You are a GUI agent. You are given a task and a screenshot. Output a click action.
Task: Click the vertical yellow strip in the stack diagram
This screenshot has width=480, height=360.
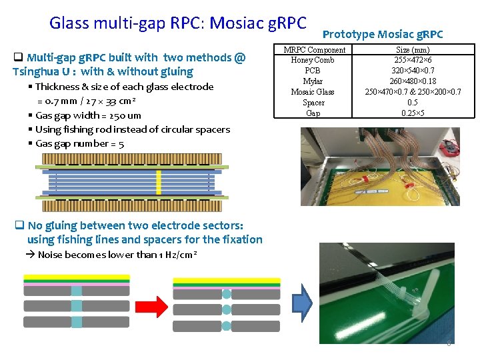[x=159, y=182]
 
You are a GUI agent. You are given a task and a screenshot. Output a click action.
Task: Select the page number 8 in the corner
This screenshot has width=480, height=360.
[x=449, y=343]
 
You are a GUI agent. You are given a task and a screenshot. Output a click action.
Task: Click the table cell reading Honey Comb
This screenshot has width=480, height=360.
[x=313, y=60]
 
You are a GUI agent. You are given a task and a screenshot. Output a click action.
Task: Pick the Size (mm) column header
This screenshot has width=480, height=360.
[x=413, y=50]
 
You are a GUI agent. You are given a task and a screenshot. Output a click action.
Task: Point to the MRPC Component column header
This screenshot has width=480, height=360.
[x=314, y=50]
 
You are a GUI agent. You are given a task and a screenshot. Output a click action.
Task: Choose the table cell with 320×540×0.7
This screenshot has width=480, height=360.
[x=413, y=71]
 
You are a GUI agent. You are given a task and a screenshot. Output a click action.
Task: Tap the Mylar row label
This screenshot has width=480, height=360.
[x=313, y=81]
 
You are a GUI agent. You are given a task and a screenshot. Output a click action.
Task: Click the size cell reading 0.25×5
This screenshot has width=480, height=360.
[x=413, y=113]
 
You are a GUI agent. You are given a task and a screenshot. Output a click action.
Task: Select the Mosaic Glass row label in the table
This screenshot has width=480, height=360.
[x=313, y=92]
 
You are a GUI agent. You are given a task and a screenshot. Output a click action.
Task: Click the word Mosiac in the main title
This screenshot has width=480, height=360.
[x=239, y=23]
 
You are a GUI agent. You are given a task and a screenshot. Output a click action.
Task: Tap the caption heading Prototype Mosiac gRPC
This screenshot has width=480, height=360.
[x=383, y=34]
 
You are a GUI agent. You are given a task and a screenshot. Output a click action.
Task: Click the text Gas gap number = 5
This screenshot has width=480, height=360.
[x=79, y=144]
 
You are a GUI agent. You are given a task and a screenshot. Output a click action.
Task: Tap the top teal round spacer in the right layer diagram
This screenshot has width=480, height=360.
[x=226, y=294]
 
